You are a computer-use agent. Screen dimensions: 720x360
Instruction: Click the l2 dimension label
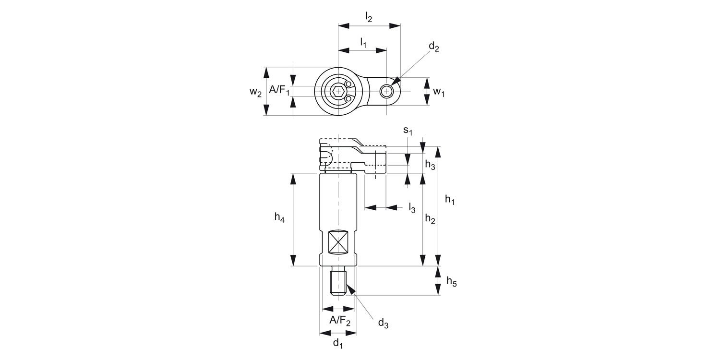tap(369, 17)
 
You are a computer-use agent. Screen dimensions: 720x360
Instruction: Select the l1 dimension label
tap(363, 42)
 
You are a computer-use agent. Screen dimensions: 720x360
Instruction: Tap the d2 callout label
tap(433, 47)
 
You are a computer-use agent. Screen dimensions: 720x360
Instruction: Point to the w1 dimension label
tap(439, 92)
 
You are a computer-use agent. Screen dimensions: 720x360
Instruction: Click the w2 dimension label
tap(256, 92)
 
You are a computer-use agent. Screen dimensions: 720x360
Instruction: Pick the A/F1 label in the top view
tap(279, 90)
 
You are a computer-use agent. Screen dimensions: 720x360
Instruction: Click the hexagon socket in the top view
tap(338, 91)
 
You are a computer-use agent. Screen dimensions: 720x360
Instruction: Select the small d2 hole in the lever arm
tap(386, 91)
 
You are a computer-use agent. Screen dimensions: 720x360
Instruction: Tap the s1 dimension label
tap(408, 131)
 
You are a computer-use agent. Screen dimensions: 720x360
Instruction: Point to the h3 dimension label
tap(430, 165)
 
